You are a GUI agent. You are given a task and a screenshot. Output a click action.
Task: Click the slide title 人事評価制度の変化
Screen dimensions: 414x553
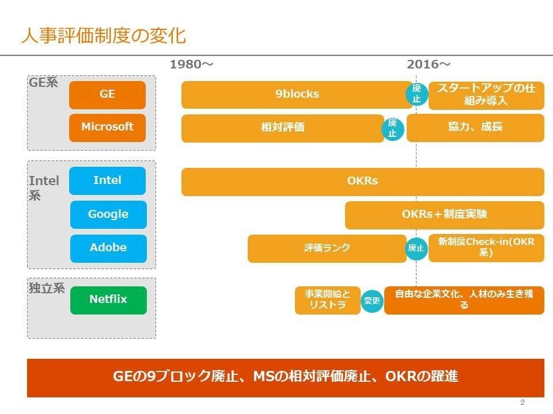point(104,36)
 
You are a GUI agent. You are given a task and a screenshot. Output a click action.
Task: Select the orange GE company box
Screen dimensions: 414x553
point(107,94)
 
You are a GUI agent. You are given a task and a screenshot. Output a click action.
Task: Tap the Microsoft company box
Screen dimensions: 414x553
point(107,127)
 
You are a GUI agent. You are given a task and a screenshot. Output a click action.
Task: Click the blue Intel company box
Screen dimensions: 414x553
point(107,181)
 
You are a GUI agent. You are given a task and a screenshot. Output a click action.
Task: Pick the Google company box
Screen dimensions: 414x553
point(108,214)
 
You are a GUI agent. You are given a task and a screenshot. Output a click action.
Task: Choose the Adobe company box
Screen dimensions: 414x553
point(108,248)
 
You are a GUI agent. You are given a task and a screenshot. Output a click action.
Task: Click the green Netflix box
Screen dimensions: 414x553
point(108,300)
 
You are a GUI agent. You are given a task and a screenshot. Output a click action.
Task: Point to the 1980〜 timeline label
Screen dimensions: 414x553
point(191,64)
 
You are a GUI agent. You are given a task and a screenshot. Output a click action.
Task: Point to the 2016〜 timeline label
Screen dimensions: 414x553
point(429,64)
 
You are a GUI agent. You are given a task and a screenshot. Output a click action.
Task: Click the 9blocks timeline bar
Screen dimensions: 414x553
point(296,94)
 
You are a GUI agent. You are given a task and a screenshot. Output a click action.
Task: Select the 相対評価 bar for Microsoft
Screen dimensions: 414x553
point(282,128)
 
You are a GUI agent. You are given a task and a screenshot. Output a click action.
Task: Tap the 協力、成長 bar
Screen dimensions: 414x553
point(475,127)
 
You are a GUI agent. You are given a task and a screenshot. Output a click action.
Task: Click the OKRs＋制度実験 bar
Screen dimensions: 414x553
point(444,214)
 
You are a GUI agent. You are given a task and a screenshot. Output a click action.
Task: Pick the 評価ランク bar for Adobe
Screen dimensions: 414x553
point(327,248)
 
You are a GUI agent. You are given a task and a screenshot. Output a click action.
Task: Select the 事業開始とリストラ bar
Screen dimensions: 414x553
point(327,300)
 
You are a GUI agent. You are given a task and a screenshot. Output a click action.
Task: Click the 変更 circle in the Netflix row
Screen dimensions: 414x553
point(372,300)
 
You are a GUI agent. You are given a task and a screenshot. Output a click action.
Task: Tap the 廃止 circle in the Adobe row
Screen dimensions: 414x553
point(416,248)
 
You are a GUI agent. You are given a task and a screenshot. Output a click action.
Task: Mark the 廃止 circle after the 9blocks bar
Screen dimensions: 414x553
point(416,94)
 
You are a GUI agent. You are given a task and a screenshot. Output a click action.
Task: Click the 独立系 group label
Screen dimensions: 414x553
point(47,289)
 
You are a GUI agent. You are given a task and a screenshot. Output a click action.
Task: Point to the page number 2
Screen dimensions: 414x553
point(522,402)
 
